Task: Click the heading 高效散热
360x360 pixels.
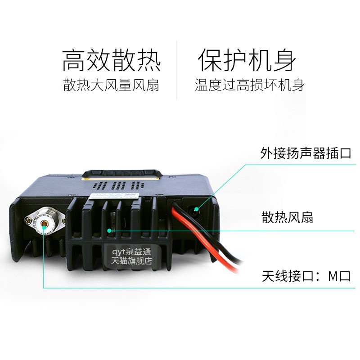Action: tap(111, 60)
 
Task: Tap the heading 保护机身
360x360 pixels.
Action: tap(247, 60)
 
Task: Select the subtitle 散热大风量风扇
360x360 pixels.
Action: tap(111, 85)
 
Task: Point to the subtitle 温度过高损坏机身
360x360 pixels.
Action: tap(249, 85)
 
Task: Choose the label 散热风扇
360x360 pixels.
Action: tap(287, 218)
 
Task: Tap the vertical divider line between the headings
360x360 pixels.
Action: tap(176, 70)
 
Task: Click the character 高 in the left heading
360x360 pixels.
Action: tap(74, 60)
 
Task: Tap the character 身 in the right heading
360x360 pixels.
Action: tap(284, 60)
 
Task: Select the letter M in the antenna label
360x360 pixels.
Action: tap(333, 275)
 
